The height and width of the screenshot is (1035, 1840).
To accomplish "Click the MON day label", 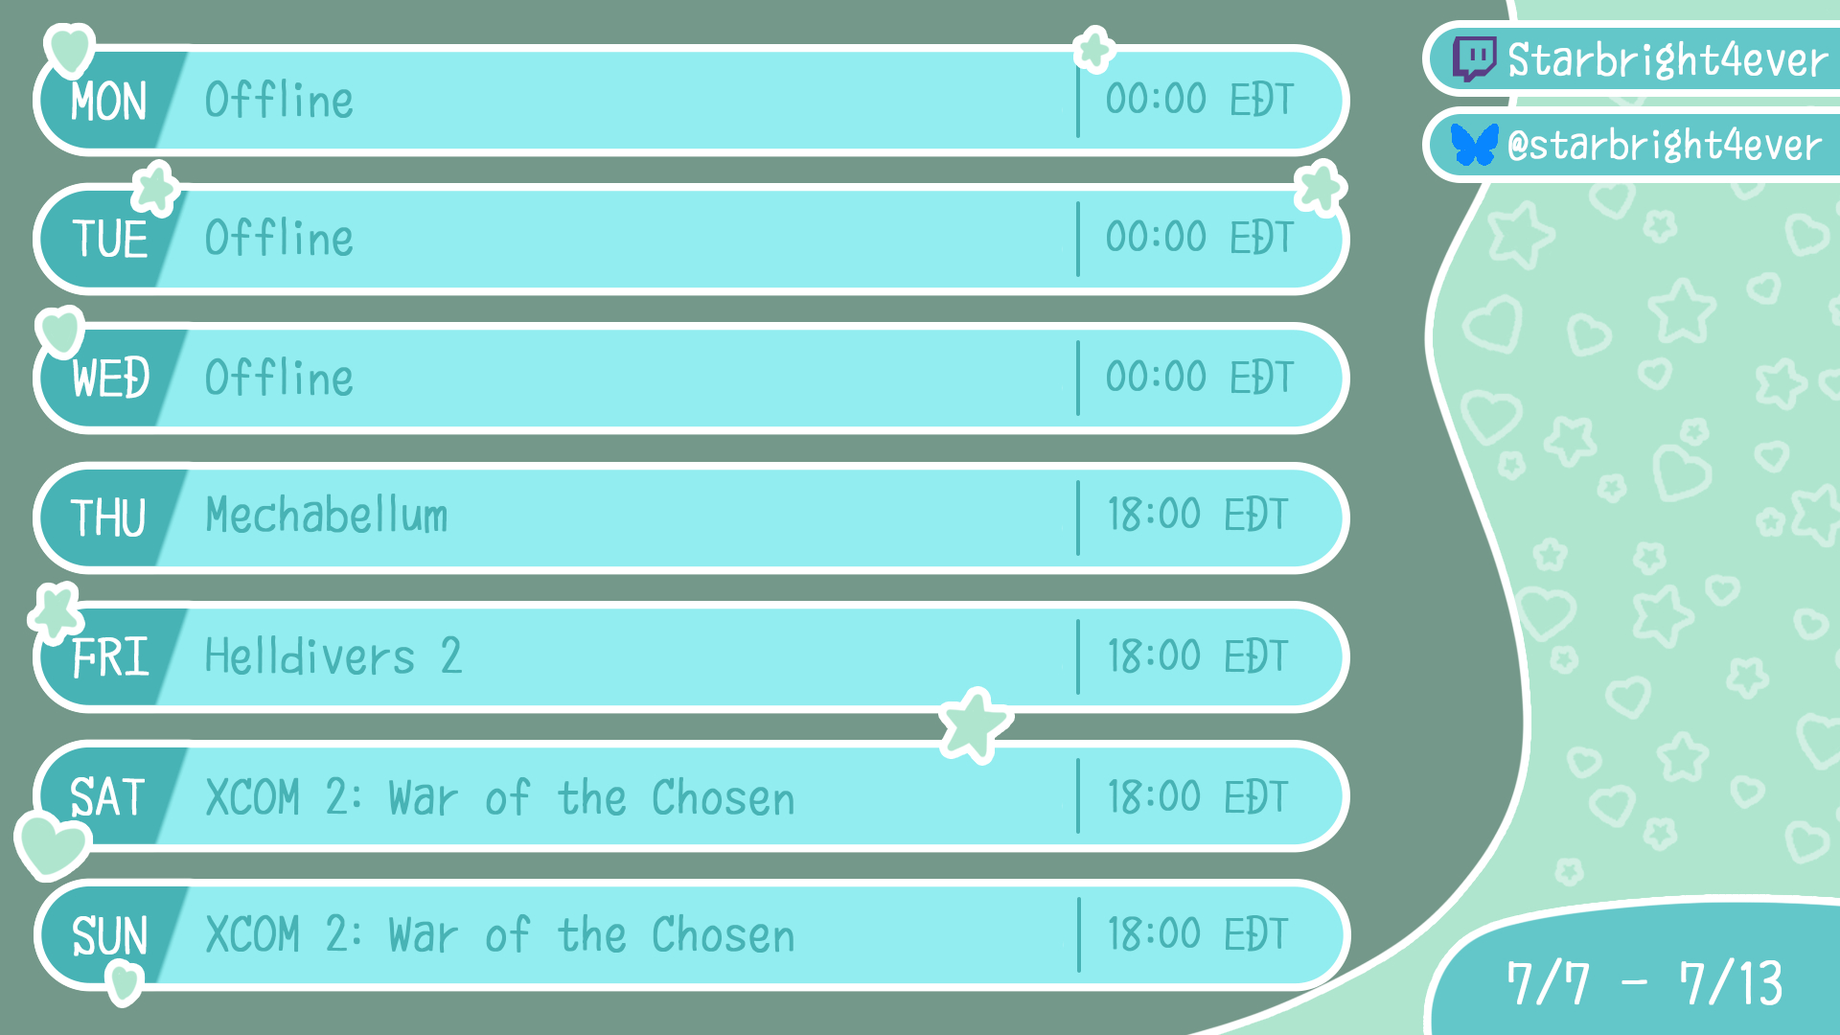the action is [x=108, y=102].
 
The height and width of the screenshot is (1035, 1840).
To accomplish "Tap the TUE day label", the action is [x=110, y=239].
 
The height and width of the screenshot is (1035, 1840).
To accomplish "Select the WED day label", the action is [x=111, y=378].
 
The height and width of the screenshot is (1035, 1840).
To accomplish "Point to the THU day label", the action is [x=108, y=517].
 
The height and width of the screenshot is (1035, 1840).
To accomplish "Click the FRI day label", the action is [x=111, y=657].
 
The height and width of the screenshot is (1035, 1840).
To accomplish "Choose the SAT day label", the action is [x=107, y=797].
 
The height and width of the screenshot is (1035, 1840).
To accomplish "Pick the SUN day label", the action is [x=110, y=936].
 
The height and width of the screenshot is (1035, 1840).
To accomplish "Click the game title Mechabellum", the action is [x=327, y=516].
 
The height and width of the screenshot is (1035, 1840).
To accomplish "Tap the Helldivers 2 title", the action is [x=333, y=656].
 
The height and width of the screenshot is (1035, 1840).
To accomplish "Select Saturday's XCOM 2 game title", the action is [x=500, y=797].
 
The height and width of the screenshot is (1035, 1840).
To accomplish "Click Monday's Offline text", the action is [x=279, y=101].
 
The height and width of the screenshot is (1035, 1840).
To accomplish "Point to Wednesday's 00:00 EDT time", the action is [x=1200, y=377].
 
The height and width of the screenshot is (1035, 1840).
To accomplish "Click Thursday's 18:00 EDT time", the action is [x=1198, y=515].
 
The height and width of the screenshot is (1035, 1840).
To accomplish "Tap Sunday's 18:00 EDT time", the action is [x=1198, y=933].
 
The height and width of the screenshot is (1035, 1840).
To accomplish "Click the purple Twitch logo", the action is [x=1474, y=59].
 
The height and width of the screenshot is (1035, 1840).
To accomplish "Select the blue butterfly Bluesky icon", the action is [x=1474, y=145].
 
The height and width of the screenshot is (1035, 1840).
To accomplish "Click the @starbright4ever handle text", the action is [x=1664, y=146].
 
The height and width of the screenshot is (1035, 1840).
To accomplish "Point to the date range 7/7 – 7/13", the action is [x=1644, y=983].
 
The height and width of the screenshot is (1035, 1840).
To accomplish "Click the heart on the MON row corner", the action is [x=70, y=50].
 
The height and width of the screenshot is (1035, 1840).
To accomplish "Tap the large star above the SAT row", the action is [x=975, y=725].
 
